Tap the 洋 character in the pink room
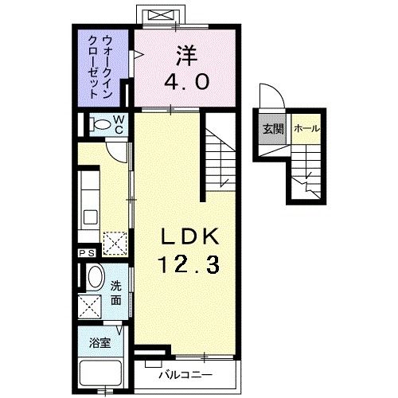click(185, 56)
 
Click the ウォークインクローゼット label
click(103, 68)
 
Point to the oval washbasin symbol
click(94, 279)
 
